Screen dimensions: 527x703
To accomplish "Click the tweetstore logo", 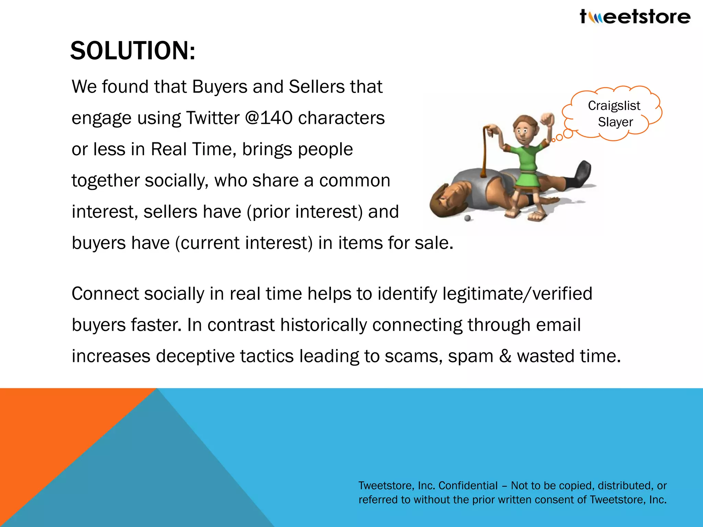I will coord(635,16).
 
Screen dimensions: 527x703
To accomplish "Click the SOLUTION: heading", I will coord(132,51).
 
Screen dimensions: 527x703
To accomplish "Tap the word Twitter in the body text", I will coord(212,118).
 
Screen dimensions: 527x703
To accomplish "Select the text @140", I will coord(269,118).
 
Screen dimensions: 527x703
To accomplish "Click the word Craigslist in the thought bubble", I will coord(614,106).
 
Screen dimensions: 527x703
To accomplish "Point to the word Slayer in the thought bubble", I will coord(615,122).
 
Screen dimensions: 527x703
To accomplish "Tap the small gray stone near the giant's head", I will coord(467,218).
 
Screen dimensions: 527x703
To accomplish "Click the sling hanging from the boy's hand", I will coord(486,151).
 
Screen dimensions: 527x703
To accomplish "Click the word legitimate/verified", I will coord(517,294).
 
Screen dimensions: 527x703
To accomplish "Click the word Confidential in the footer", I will coord(468,485).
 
